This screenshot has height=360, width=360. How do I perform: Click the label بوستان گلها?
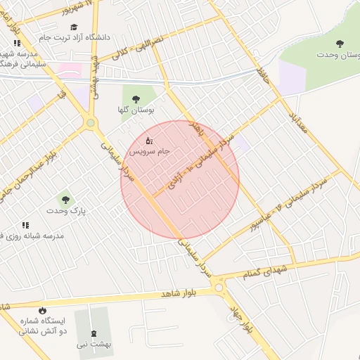[x=136, y=110]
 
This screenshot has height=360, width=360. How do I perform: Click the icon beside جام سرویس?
[x=148, y=142]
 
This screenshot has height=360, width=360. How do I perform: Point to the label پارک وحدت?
[x=65, y=211]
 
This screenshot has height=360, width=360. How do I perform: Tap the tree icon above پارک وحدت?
[x=65, y=200]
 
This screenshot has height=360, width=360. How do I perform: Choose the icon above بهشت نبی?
[x=94, y=332]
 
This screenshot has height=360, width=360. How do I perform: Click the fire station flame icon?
[x=42, y=310]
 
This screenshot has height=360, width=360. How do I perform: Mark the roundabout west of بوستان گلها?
[x=90, y=124]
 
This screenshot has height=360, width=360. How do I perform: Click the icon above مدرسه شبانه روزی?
[x=26, y=225]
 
